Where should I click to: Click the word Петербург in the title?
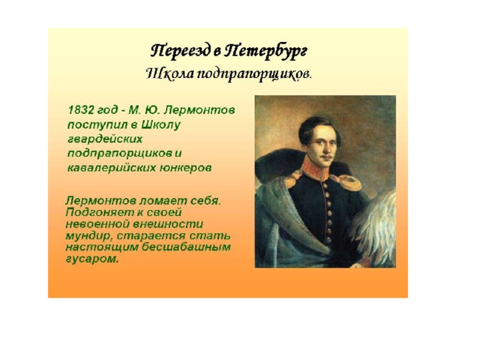click(265, 51)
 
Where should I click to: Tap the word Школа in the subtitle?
click(169, 74)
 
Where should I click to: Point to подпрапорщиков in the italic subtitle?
click(253, 75)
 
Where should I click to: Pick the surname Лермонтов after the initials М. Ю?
click(199, 110)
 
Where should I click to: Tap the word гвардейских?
click(105, 139)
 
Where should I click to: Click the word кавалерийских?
click(111, 168)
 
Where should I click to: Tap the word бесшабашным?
click(186, 247)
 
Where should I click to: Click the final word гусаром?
click(91, 259)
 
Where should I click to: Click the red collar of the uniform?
click(315, 168)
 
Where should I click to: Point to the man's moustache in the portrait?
click(326, 157)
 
